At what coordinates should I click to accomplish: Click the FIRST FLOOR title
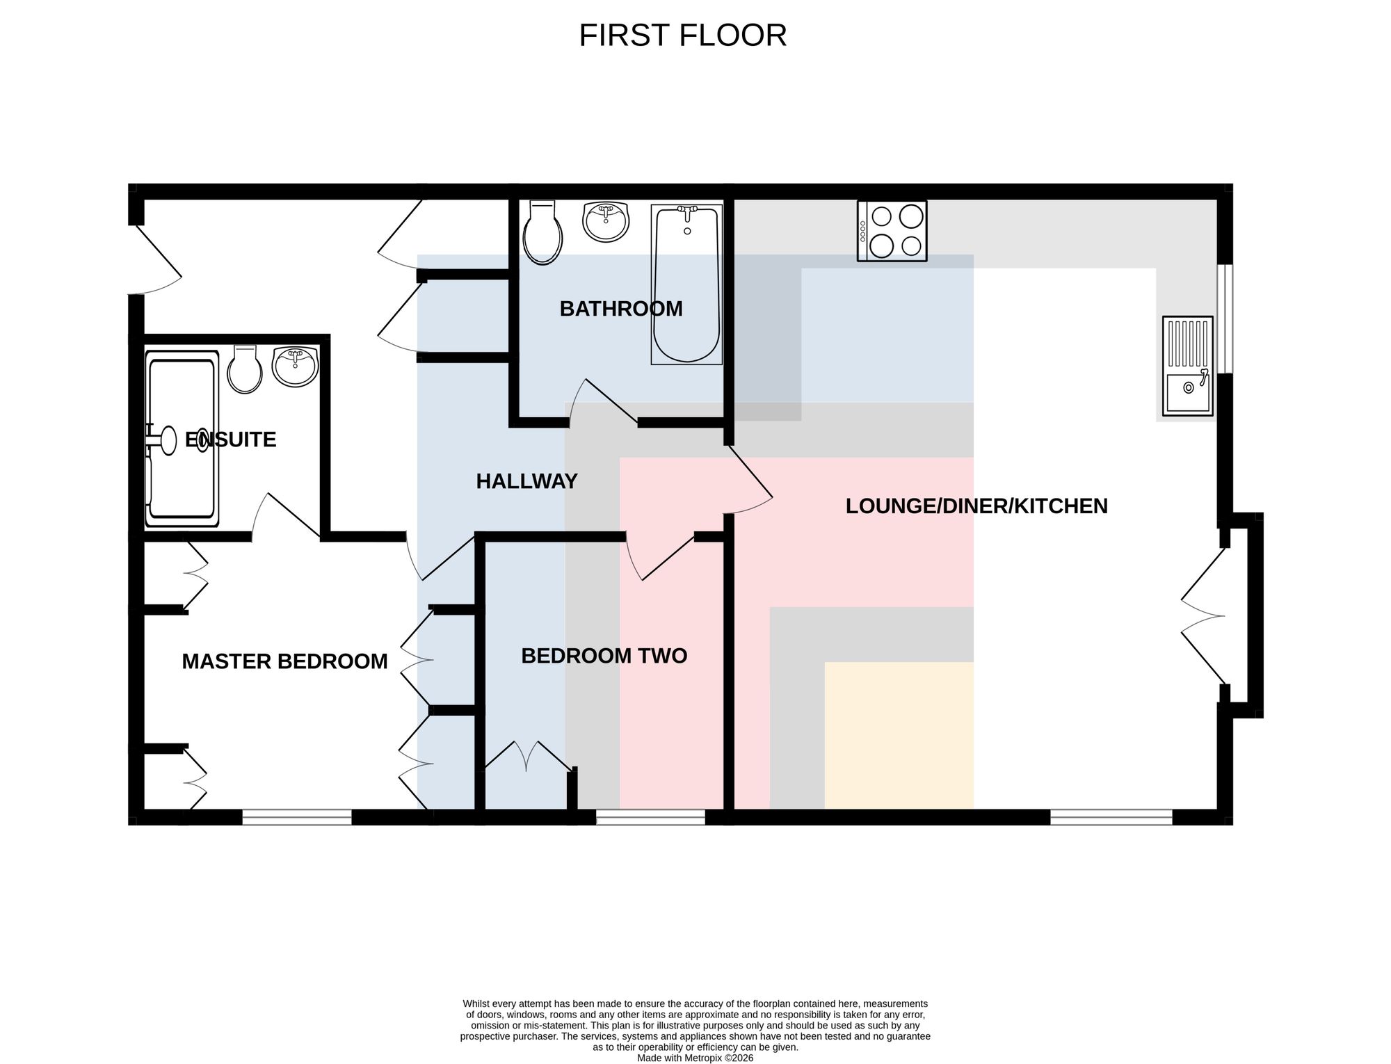coord(682,35)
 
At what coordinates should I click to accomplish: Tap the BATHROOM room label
coord(621,309)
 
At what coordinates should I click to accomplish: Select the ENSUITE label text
coord(230,440)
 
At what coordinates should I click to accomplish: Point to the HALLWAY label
coord(526,481)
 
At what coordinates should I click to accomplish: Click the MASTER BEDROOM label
coord(284,661)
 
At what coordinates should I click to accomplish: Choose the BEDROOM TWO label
coord(604,656)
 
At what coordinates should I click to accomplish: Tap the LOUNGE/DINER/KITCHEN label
coord(976,506)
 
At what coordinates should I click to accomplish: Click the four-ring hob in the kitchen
coord(892,231)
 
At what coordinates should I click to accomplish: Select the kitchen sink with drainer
coord(1187,366)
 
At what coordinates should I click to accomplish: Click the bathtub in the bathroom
coord(686,284)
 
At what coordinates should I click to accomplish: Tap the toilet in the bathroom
coord(542,233)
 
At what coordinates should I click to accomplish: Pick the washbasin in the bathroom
coord(606,222)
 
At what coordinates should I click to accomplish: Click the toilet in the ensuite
coord(245,369)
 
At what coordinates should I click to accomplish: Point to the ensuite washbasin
coord(295,366)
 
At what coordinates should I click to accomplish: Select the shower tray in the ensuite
coord(182,439)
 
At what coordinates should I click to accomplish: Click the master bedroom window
coord(297,817)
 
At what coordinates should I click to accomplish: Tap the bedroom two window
coord(651,817)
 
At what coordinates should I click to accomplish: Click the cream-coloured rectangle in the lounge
coord(899,736)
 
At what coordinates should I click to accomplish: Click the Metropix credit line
coord(695,1058)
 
